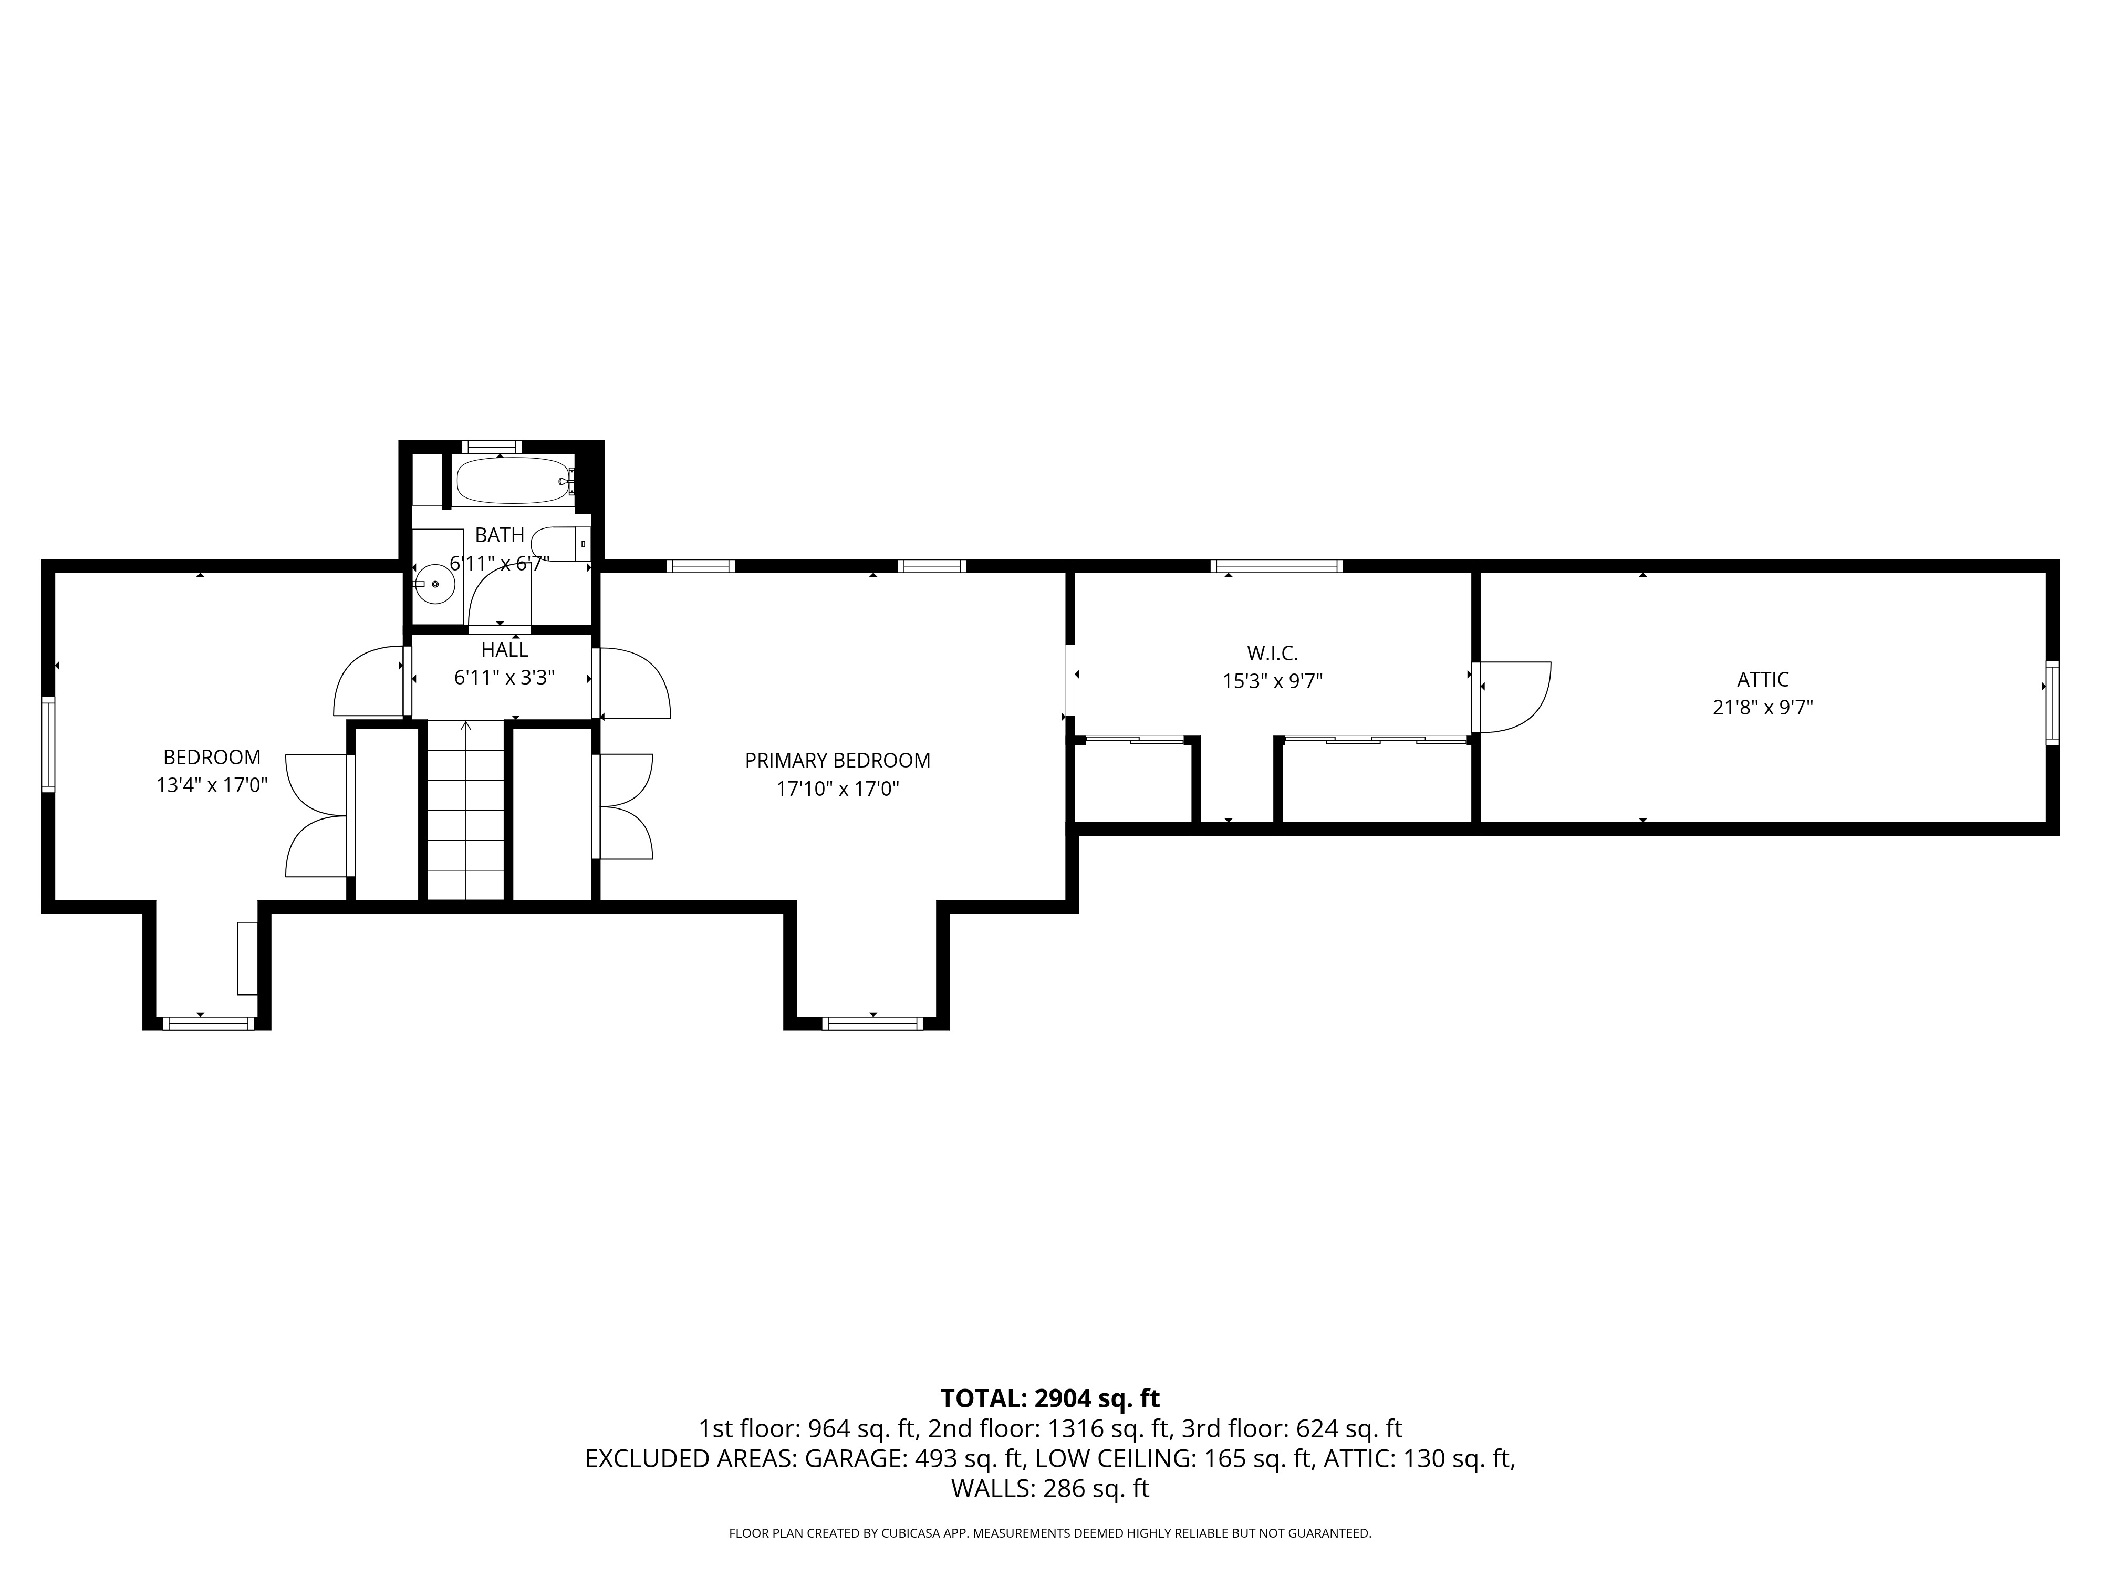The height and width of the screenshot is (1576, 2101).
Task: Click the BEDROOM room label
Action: coord(212,757)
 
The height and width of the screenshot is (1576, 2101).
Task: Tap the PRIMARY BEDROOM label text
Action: coord(837,760)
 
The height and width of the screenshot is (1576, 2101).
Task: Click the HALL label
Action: coord(504,650)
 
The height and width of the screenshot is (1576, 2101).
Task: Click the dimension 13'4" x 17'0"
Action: coord(212,785)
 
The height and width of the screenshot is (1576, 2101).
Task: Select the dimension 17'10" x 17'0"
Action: coord(837,789)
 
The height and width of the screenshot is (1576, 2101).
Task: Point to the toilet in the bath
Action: coord(558,543)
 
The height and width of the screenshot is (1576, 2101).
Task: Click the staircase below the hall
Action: coord(465,812)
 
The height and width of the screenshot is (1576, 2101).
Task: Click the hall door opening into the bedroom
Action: coord(370,681)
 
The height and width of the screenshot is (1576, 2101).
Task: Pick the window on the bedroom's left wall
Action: coord(47,744)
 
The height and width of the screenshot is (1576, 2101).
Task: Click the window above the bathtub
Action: coord(492,447)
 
